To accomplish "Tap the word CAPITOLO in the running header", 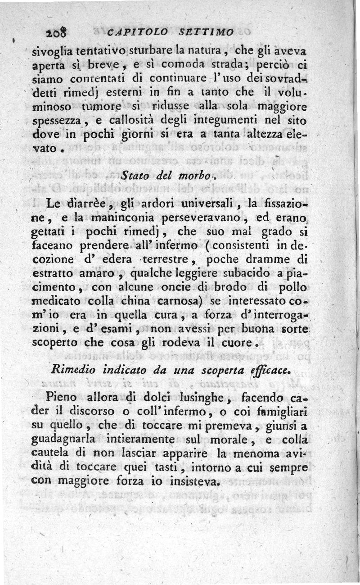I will point(138,32).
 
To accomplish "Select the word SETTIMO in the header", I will point(206,32).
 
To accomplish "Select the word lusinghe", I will point(198,398).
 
